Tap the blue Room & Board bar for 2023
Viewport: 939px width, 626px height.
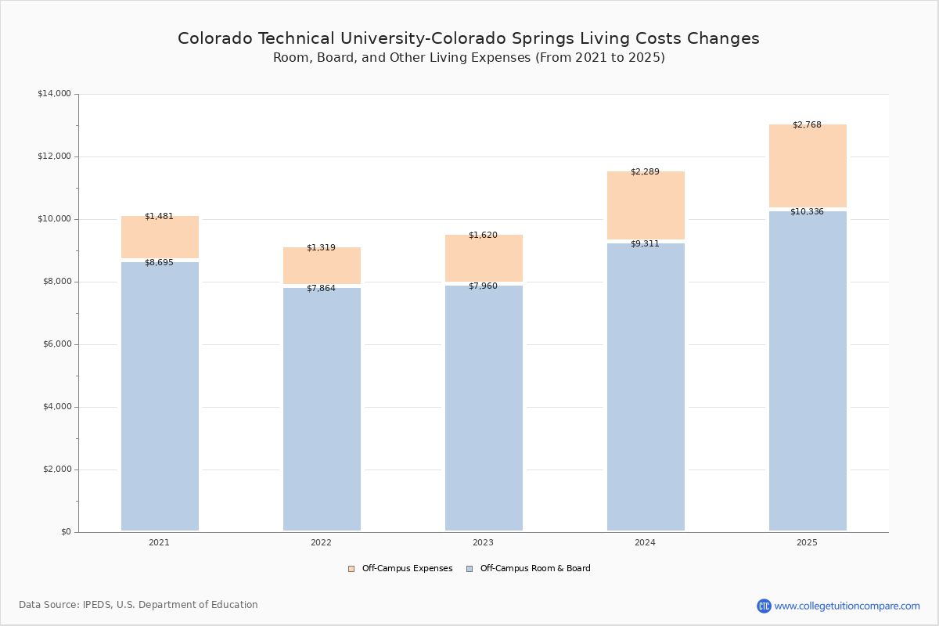(x=484, y=408)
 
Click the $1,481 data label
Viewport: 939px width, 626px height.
(x=159, y=217)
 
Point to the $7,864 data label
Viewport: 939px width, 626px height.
(x=321, y=289)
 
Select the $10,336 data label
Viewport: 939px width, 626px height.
(x=807, y=212)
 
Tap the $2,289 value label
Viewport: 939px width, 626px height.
(x=645, y=172)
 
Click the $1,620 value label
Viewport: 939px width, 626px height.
(x=483, y=236)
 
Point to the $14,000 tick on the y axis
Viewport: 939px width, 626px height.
(x=54, y=94)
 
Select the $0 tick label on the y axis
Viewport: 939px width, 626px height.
(x=65, y=532)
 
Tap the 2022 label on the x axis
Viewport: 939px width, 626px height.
(x=321, y=543)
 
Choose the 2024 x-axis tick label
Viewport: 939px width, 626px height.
(x=645, y=543)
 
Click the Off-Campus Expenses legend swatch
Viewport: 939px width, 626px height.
(x=351, y=569)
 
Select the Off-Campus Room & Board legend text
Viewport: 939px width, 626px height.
(x=535, y=569)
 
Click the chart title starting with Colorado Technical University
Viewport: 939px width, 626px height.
(x=468, y=38)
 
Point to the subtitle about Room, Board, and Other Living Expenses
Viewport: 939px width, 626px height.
(x=469, y=58)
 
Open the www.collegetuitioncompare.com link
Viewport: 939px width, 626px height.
(x=847, y=606)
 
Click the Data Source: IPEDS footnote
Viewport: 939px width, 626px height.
(x=139, y=605)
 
